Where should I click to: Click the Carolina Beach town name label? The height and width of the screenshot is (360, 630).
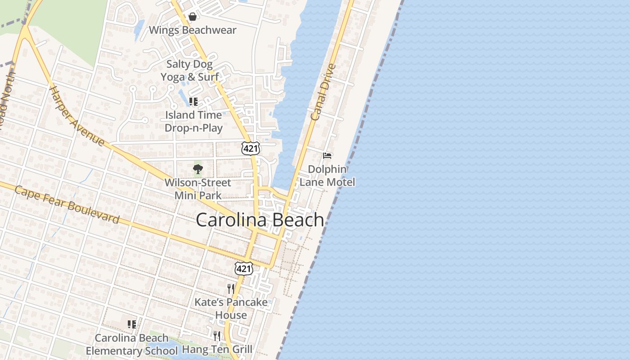(x=260, y=220)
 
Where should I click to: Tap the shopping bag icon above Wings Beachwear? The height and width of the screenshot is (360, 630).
(x=193, y=17)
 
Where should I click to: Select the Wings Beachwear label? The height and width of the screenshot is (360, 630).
(x=193, y=30)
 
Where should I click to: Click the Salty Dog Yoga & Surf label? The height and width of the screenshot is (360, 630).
(x=189, y=71)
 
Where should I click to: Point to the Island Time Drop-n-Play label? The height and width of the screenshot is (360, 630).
(x=193, y=121)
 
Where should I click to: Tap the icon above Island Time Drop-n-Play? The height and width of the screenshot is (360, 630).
(x=193, y=102)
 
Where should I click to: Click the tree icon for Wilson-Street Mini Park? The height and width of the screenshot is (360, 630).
(x=198, y=169)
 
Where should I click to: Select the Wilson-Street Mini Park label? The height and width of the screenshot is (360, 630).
(x=198, y=189)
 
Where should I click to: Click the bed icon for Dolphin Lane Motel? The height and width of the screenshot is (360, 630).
(x=328, y=156)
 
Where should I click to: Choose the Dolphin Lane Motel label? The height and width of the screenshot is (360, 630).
(x=327, y=175)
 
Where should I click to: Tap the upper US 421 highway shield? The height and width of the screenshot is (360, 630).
(x=250, y=148)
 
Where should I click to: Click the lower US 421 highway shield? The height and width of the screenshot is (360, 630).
(x=243, y=269)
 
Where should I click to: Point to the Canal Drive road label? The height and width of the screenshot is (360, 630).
(x=324, y=93)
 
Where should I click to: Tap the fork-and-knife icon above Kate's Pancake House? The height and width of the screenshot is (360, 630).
(x=230, y=288)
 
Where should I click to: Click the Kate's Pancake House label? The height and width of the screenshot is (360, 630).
(x=231, y=309)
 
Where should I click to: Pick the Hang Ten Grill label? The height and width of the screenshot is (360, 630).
(x=217, y=349)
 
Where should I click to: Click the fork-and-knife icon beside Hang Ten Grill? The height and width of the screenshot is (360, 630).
(x=217, y=336)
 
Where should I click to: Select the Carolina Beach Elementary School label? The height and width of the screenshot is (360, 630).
(x=132, y=344)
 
